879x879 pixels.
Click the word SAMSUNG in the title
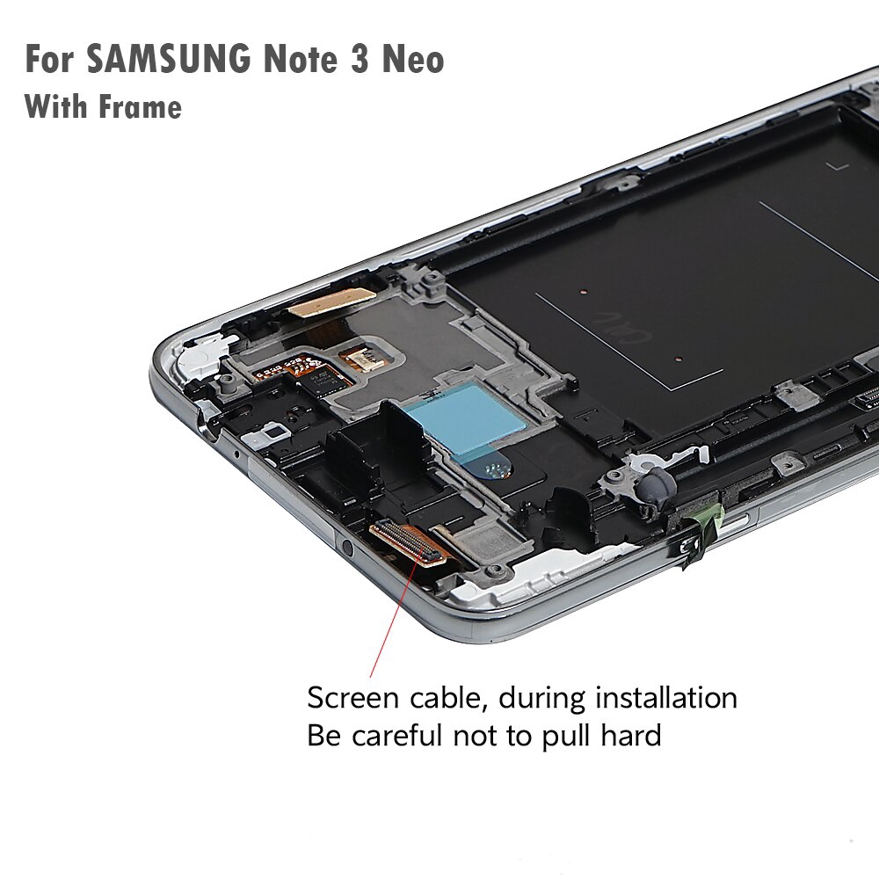[168, 61]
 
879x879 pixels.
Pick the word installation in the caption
[665, 699]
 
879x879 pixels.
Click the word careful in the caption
[412, 734]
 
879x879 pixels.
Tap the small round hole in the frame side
[348, 548]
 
